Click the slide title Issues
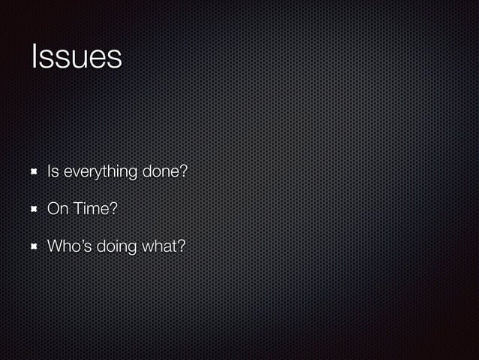pyautogui.click(x=76, y=57)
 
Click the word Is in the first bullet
pyautogui.click(x=53, y=171)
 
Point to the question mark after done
pyautogui.click(x=182, y=171)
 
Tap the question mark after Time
pyautogui.click(x=113, y=208)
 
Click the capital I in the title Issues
pyautogui.click(x=34, y=57)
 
